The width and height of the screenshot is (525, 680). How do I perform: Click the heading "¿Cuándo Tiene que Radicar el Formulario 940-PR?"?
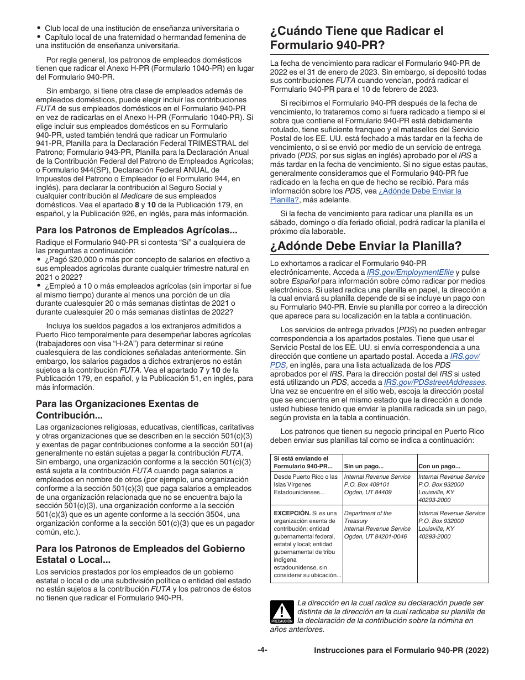(x=356, y=38)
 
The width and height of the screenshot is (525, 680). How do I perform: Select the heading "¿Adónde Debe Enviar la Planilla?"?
(x=366, y=246)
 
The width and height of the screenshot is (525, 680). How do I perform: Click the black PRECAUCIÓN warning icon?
(x=281, y=613)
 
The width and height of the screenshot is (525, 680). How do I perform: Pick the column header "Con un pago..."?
(x=439, y=466)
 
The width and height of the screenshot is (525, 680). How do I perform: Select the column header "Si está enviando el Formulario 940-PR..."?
(x=301, y=462)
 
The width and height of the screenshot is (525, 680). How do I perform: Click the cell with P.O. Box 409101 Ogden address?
(x=377, y=484)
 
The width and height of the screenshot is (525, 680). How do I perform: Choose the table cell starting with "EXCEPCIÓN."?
(x=306, y=544)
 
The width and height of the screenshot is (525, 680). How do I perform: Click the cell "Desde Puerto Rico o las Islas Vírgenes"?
(x=306, y=484)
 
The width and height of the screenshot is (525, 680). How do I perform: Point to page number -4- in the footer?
(x=262, y=650)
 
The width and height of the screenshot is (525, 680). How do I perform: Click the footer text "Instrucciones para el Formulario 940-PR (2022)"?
(x=401, y=651)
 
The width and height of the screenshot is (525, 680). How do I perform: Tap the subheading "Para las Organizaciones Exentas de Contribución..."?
(x=117, y=409)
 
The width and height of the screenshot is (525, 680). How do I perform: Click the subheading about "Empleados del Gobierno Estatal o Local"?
(x=140, y=554)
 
